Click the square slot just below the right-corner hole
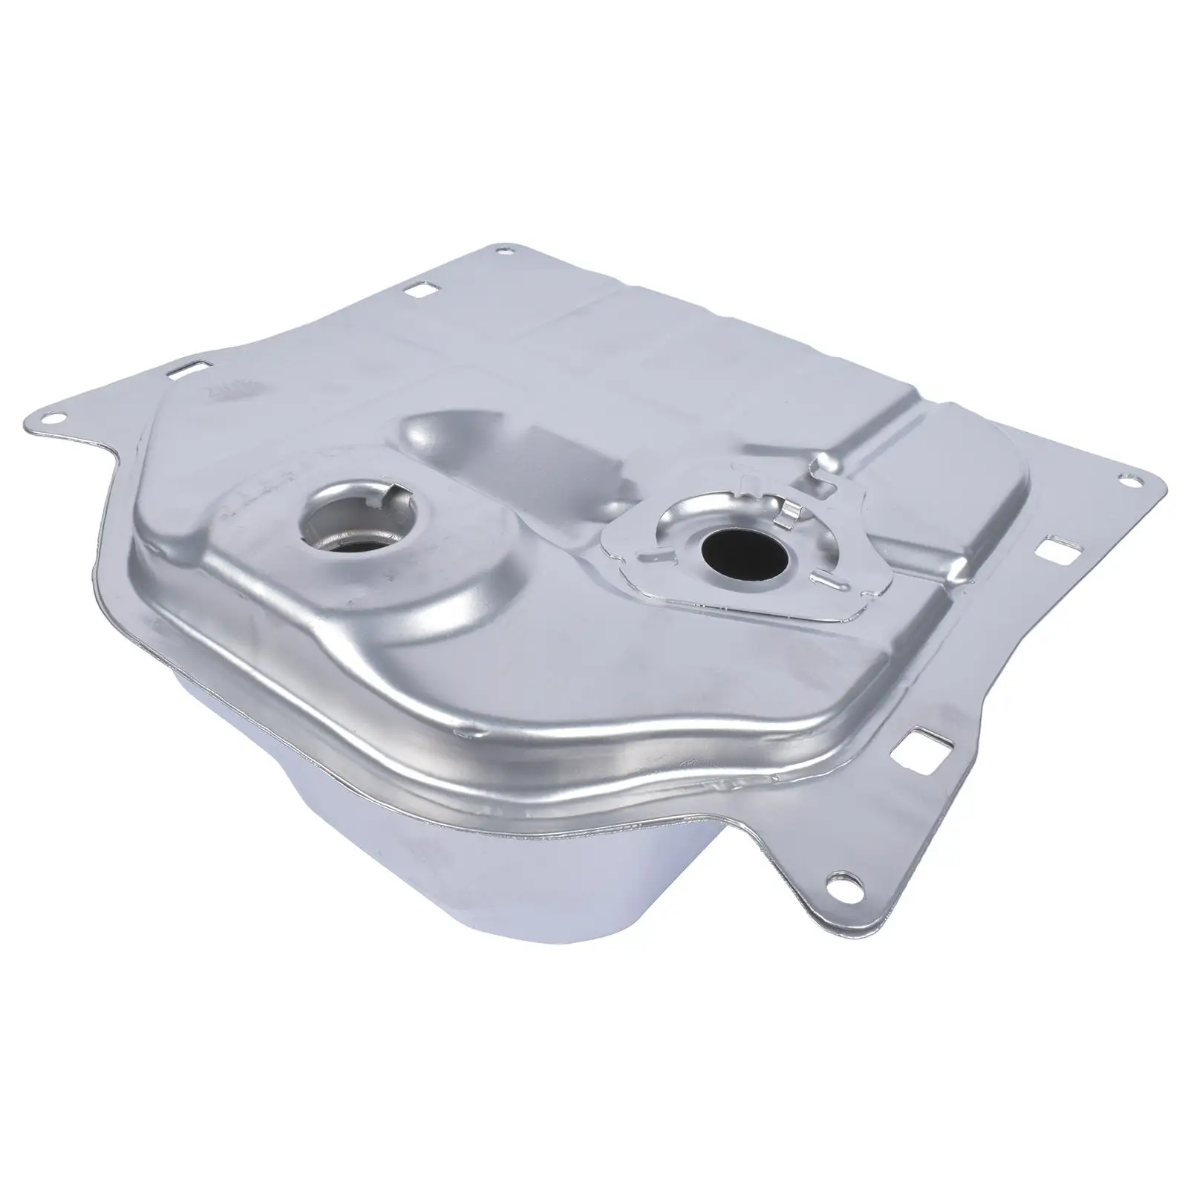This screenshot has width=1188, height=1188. click(1054, 550)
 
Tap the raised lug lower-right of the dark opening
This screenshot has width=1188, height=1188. click(823, 575)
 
